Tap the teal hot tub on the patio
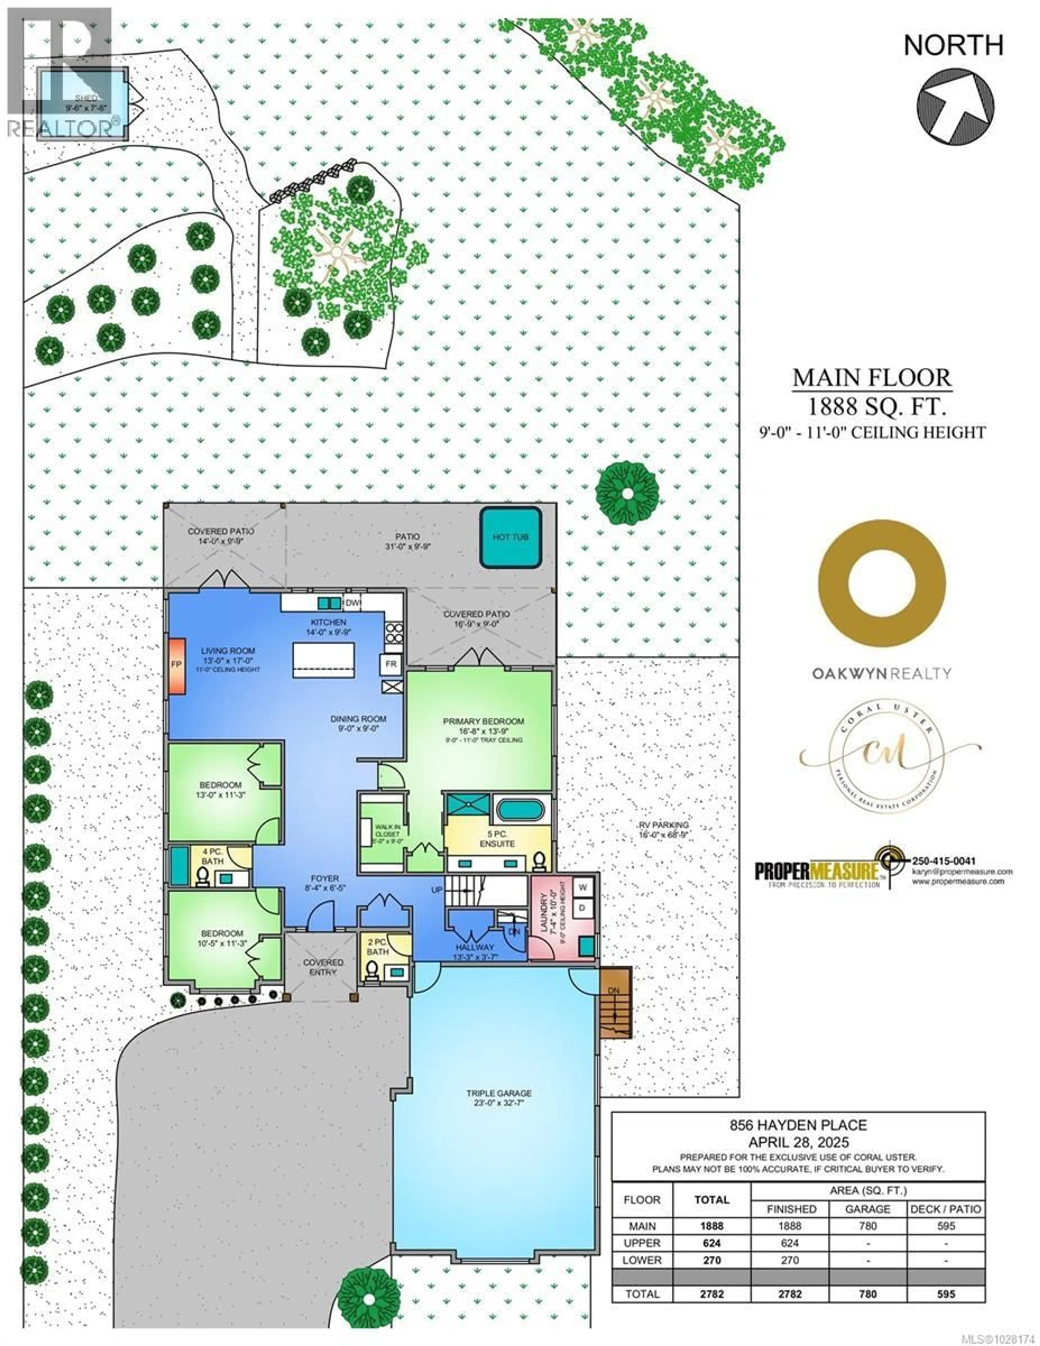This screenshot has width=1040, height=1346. (511, 537)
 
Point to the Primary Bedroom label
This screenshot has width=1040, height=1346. (483, 721)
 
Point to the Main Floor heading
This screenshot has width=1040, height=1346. (872, 377)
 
